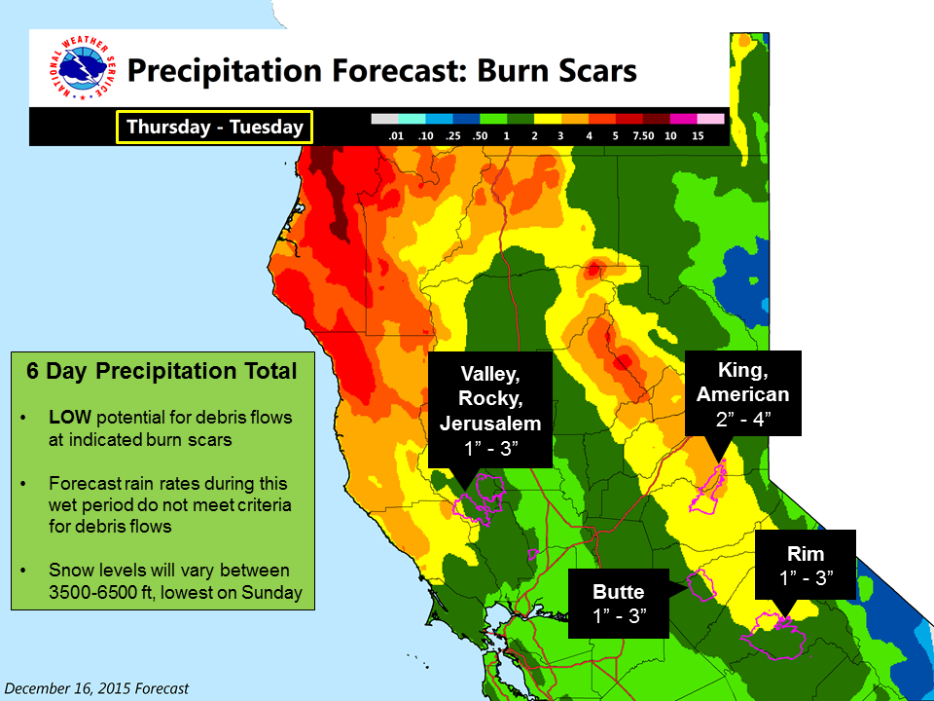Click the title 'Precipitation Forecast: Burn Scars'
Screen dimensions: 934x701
point(381,70)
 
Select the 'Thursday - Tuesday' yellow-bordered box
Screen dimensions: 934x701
point(214,127)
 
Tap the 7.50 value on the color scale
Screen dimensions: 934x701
point(643,136)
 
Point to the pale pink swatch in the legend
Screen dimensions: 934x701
point(710,119)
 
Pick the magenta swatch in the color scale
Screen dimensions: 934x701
point(683,119)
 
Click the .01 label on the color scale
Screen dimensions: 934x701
point(396,136)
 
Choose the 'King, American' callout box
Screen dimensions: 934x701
point(742,393)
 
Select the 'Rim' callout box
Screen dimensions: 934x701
point(806,565)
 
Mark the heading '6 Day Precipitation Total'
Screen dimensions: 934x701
point(162,371)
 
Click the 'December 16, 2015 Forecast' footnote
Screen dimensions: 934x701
point(96,688)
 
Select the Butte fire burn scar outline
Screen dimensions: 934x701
point(702,585)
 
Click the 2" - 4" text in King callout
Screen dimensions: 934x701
point(743,419)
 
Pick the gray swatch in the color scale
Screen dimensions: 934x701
point(384,119)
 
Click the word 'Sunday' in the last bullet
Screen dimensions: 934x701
point(272,593)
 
